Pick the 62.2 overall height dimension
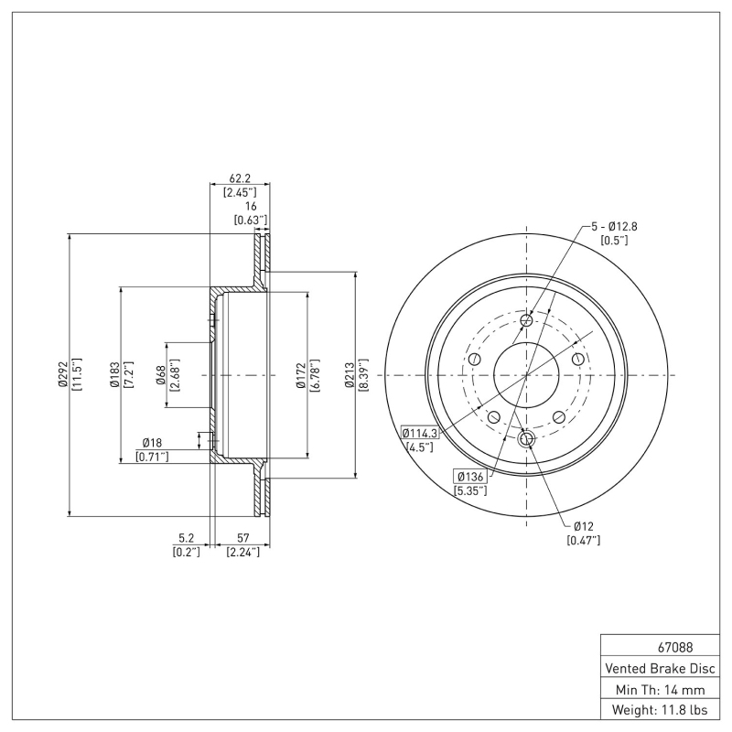tap(240, 179)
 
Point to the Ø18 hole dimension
tap(152, 443)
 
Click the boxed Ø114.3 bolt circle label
tap(420, 434)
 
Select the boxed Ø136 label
tap(470, 476)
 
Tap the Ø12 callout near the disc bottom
tap(586, 526)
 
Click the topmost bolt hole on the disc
tap(526, 321)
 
